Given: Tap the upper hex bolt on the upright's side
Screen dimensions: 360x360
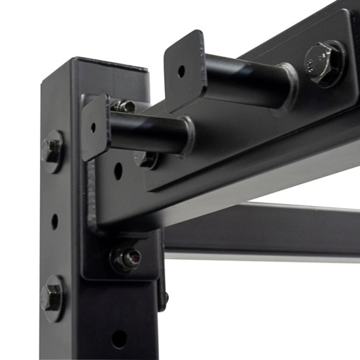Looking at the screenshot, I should (52, 151).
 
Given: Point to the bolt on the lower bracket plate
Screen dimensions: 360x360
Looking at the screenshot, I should (125, 258).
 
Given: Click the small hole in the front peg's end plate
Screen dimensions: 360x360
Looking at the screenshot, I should (93, 127).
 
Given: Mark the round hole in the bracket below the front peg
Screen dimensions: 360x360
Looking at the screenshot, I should (118, 171).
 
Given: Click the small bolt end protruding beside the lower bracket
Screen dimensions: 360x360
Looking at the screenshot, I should (165, 298).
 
